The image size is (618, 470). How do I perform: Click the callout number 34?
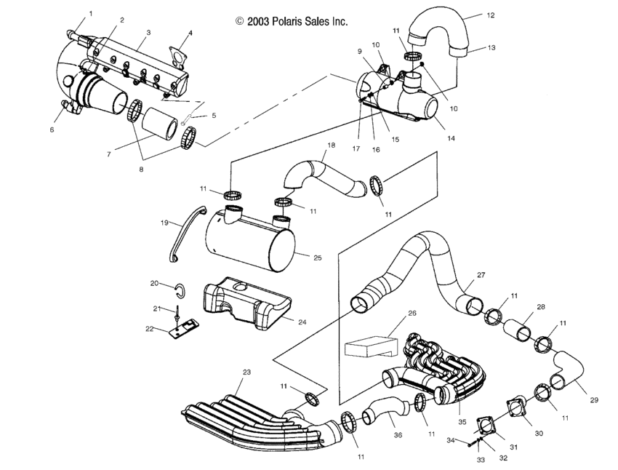[450, 441]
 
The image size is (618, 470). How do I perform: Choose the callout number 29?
[594, 400]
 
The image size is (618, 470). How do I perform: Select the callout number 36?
[397, 437]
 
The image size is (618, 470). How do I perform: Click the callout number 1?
[91, 14]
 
